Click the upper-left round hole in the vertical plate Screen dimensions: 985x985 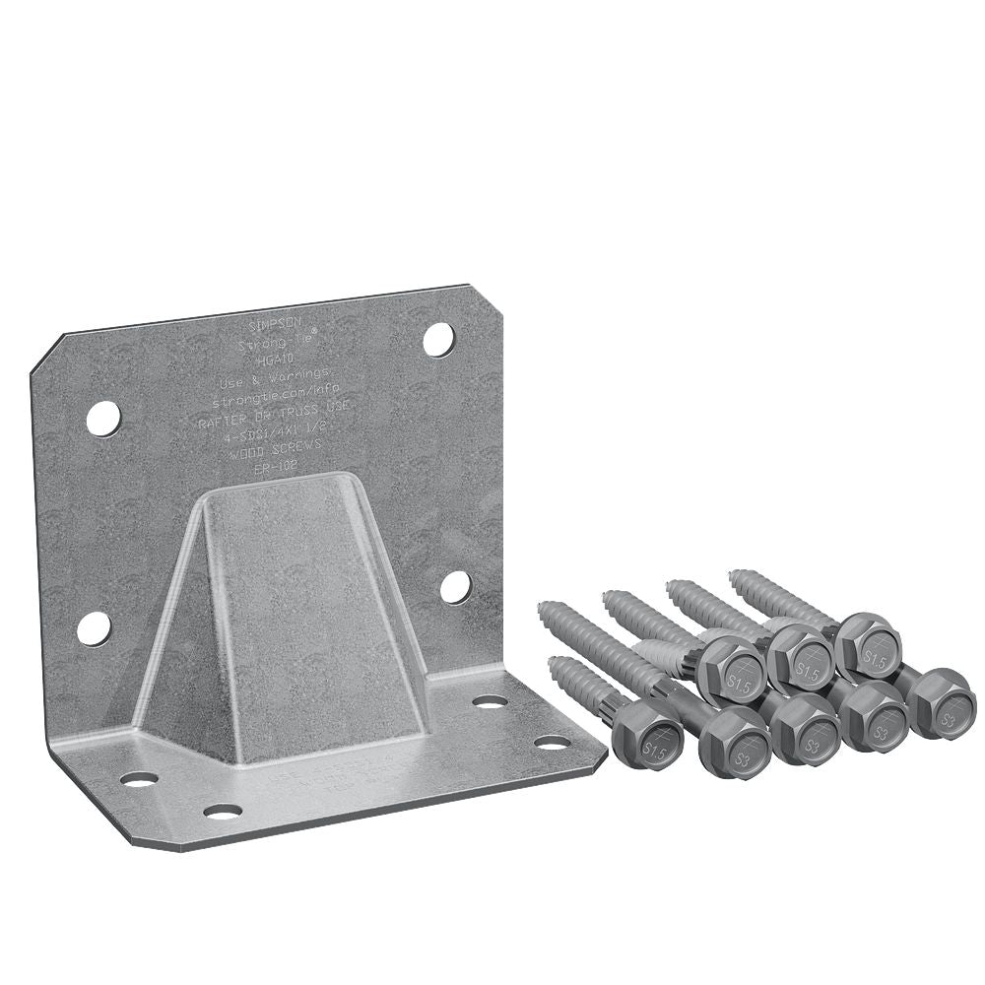pyautogui.click(x=103, y=419)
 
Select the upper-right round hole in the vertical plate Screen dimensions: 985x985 pyautogui.click(x=439, y=339)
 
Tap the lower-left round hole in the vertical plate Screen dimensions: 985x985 pyautogui.click(x=95, y=627)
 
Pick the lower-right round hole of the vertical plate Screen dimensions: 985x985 pyautogui.click(x=455, y=587)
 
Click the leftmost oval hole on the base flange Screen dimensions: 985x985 pyautogui.click(x=139, y=779)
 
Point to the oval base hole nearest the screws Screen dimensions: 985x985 pyautogui.click(x=553, y=742)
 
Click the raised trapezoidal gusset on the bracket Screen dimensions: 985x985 pyautogui.click(x=286, y=611)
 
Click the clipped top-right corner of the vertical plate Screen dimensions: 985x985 pyautogui.click(x=482, y=298)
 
